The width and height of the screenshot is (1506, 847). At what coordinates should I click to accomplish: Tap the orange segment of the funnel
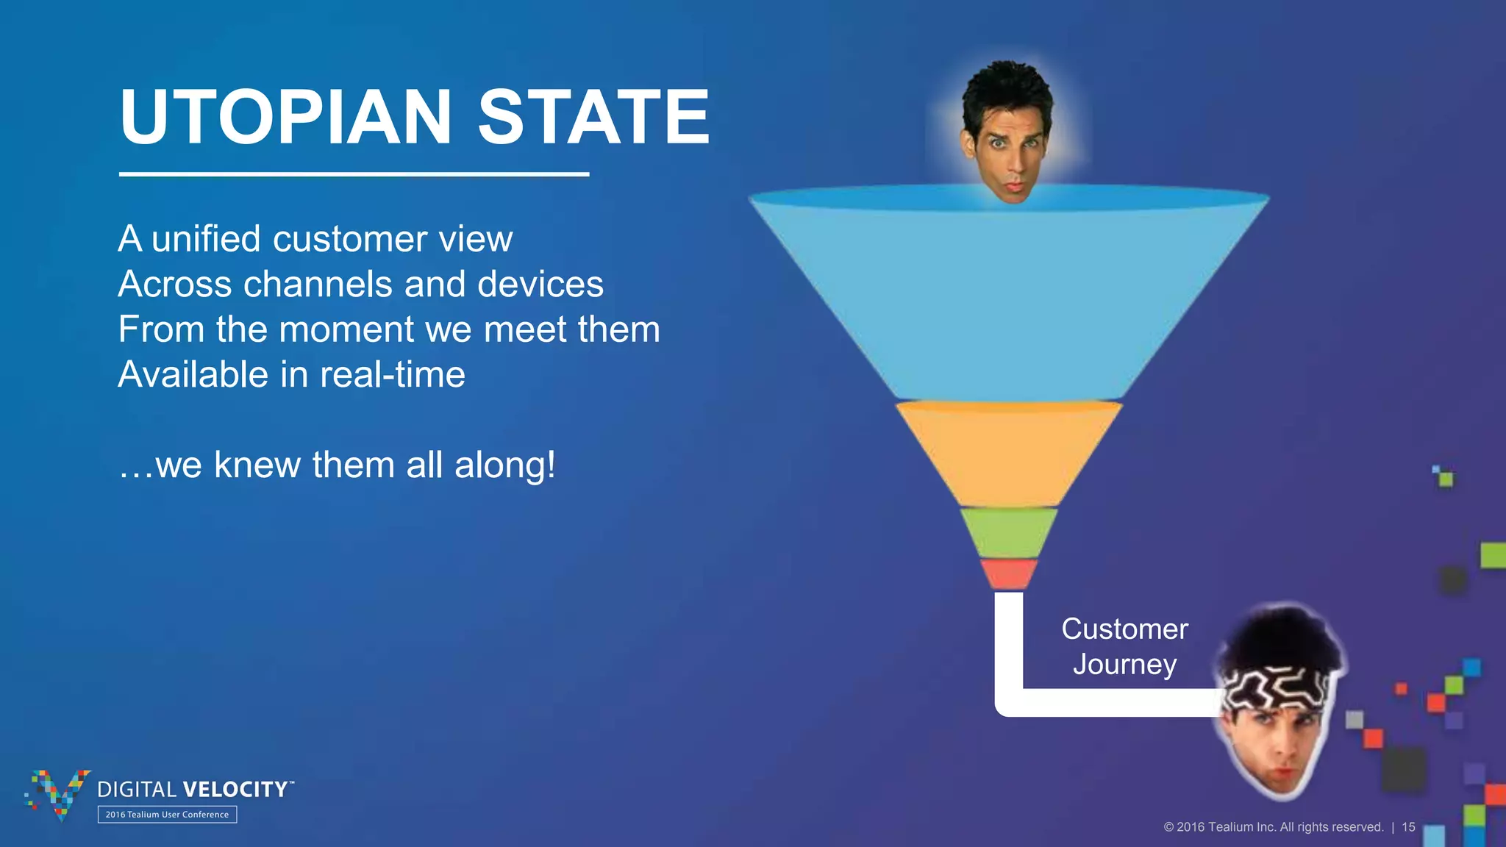tap(1008, 452)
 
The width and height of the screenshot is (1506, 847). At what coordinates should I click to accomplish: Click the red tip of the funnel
tap(1008, 573)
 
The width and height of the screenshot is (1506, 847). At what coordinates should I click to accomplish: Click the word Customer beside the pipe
tap(1124, 629)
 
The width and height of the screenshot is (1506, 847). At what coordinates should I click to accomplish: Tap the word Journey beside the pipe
tap(1124, 665)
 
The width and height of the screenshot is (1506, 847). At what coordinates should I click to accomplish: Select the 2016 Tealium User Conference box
tap(167, 815)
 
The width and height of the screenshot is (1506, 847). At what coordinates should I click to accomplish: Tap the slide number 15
tap(1408, 827)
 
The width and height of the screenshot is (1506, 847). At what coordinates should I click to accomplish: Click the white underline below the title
tap(354, 174)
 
